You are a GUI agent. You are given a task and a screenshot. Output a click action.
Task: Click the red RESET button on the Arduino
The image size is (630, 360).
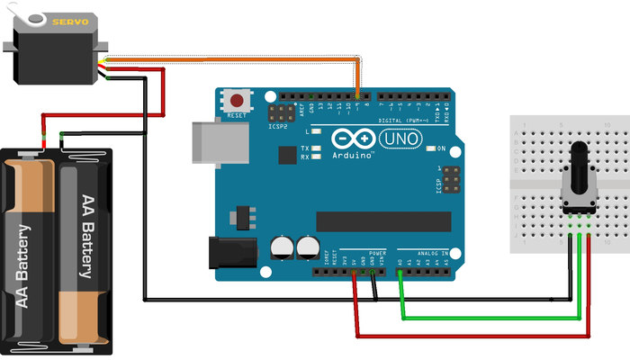point(238,100)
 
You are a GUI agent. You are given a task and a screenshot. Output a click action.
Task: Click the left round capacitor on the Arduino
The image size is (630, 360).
point(283,247)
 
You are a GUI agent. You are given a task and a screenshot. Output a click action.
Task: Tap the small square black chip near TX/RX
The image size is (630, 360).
point(287,155)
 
